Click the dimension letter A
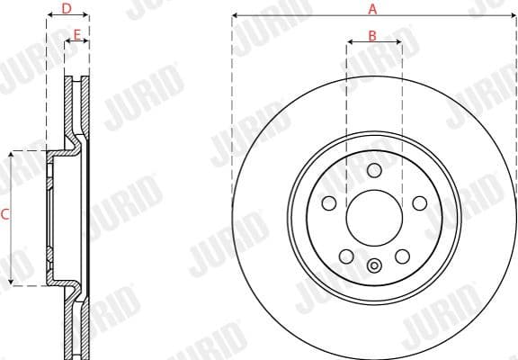pos(372,9)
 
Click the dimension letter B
pos(372,37)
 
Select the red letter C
pos(4,214)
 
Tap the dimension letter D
pos(67,9)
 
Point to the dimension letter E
pos(77,35)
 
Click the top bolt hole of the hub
pos(375,171)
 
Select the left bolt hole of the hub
pos(330,203)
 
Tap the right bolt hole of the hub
pos(419,203)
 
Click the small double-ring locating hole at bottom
pos(375,264)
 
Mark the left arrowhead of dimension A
pos(235,15)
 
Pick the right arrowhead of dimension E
pos(86,41)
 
